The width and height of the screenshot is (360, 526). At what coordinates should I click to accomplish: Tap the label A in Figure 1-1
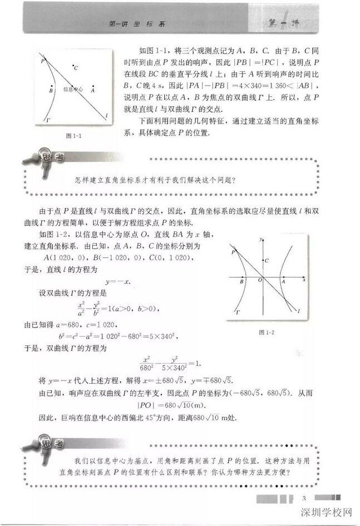(93, 89)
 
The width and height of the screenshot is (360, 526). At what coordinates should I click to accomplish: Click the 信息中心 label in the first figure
(72, 88)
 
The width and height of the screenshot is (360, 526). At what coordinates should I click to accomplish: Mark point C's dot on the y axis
(263, 261)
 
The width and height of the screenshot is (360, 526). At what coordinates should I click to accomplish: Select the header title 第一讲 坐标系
(138, 24)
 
